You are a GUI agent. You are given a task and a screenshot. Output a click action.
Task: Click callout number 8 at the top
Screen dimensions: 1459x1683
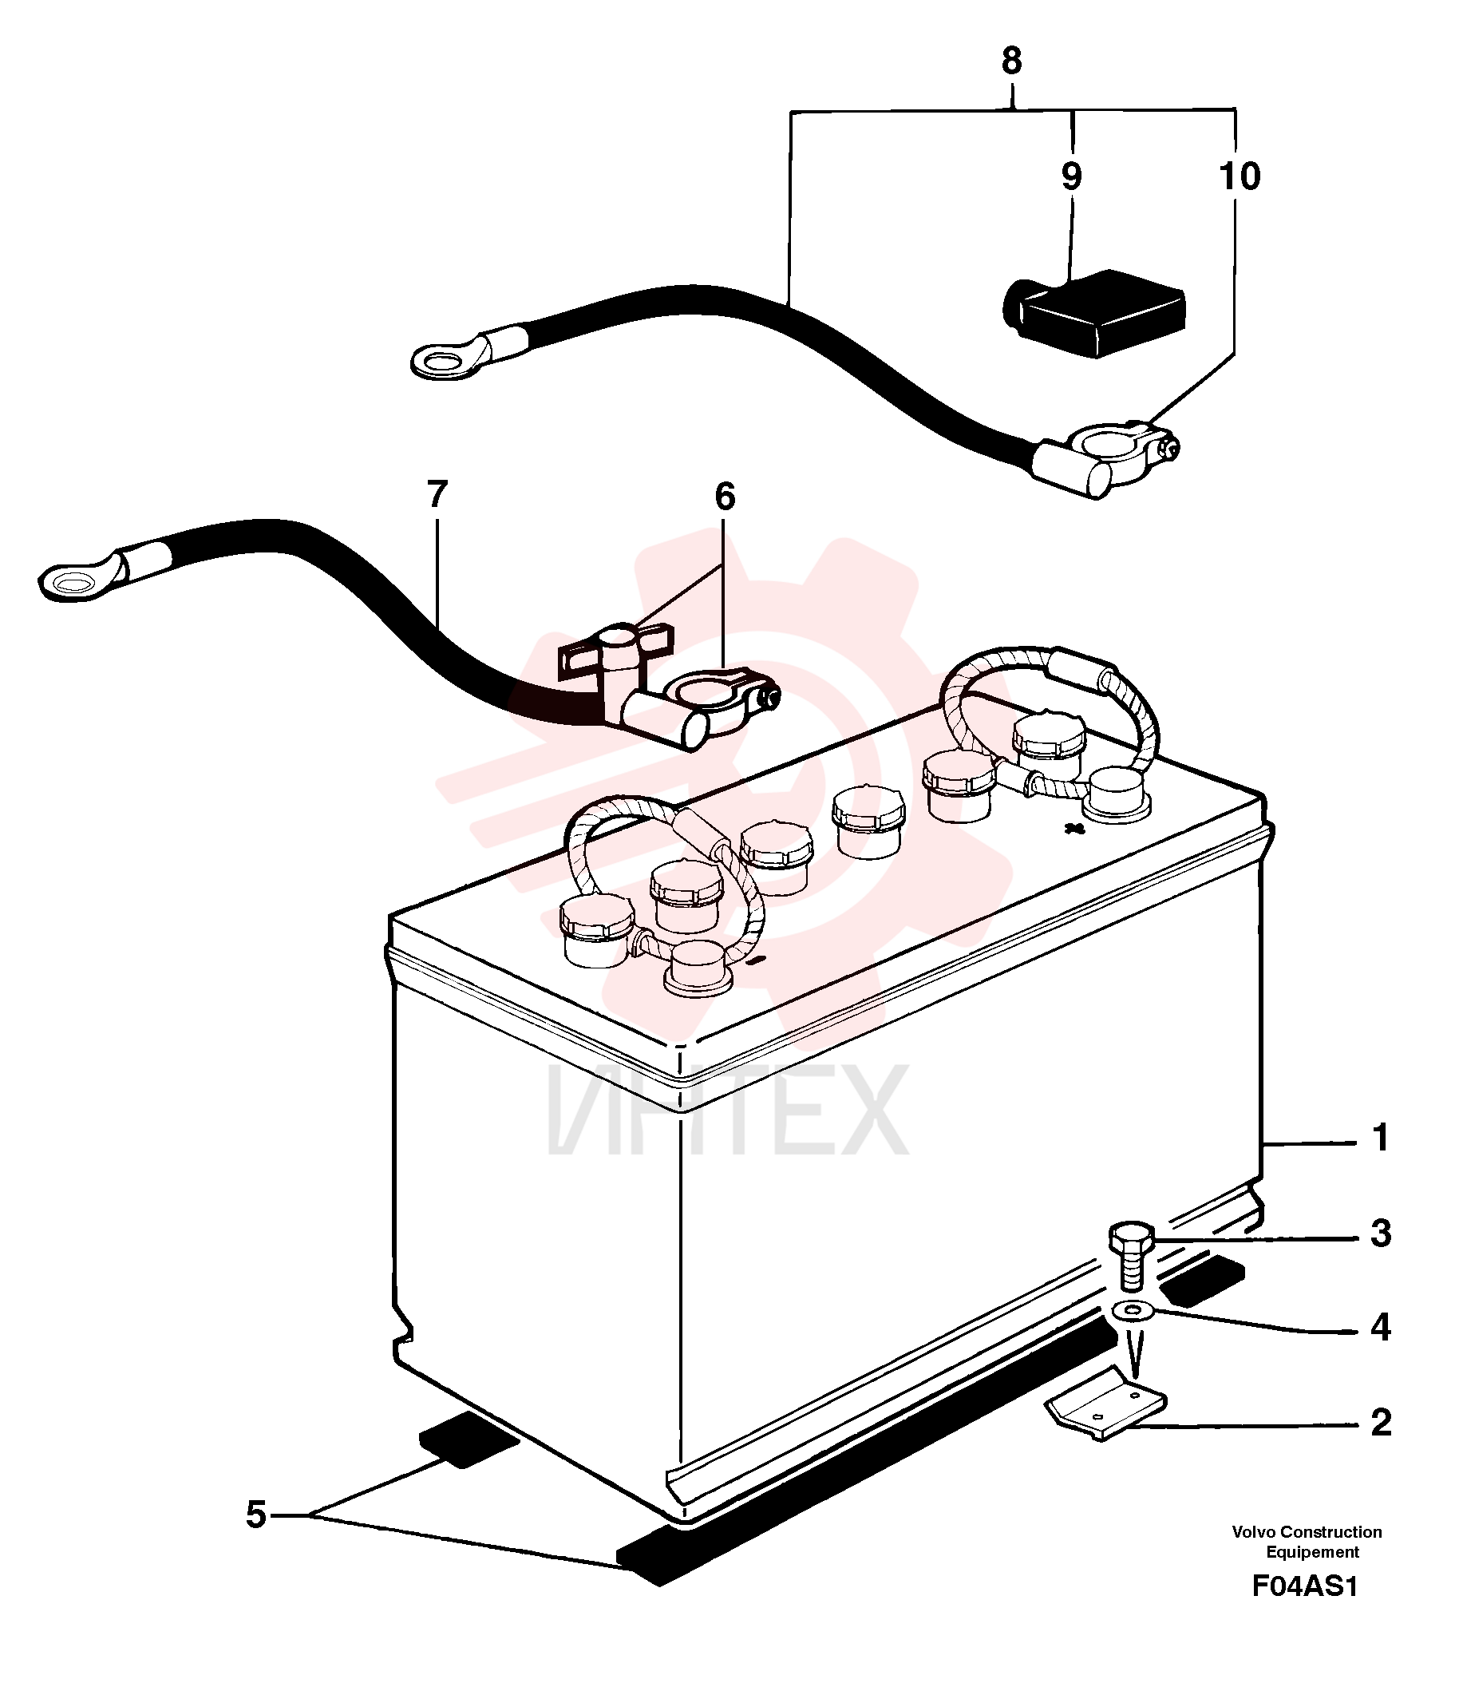pyautogui.click(x=1011, y=60)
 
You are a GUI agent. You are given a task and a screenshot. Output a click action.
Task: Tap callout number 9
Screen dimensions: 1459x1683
pyautogui.click(x=1071, y=176)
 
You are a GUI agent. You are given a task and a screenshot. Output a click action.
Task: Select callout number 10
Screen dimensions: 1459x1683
pyautogui.click(x=1240, y=176)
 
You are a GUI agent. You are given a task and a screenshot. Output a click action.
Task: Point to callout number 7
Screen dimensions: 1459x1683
pyautogui.click(x=437, y=494)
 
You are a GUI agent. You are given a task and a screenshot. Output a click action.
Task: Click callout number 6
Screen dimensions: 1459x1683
pyautogui.click(x=725, y=496)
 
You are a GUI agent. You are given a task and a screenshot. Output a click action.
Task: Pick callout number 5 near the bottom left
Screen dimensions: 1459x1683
pyautogui.click(x=256, y=1514)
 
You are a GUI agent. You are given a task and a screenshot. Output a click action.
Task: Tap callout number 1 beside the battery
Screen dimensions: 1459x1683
pyautogui.click(x=1380, y=1138)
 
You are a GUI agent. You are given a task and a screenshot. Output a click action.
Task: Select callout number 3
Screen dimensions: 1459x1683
pyautogui.click(x=1381, y=1233)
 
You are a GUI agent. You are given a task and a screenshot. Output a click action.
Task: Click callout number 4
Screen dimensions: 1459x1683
pyautogui.click(x=1381, y=1327)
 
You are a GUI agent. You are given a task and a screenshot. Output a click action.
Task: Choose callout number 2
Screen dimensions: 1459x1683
pyautogui.click(x=1381, y=1422)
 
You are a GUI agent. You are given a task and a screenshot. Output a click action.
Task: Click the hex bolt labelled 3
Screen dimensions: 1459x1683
pyautogui.click(x=1131, y=1256)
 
